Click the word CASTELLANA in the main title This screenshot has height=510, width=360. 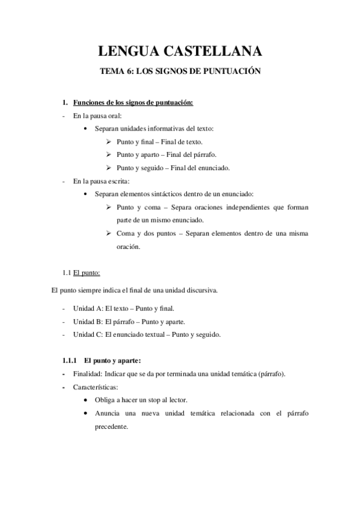click(216, 51)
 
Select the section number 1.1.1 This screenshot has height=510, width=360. click(70, 361)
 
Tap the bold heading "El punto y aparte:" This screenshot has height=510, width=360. click(112, 361)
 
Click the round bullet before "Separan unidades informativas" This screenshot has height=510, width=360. click(88, 129)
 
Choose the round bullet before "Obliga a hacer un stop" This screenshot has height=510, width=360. click(88, 400)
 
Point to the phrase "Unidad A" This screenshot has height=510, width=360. click(87, 309)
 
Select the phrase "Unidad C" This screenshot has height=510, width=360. click(87, 334)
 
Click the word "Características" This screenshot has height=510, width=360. click(95, 387)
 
